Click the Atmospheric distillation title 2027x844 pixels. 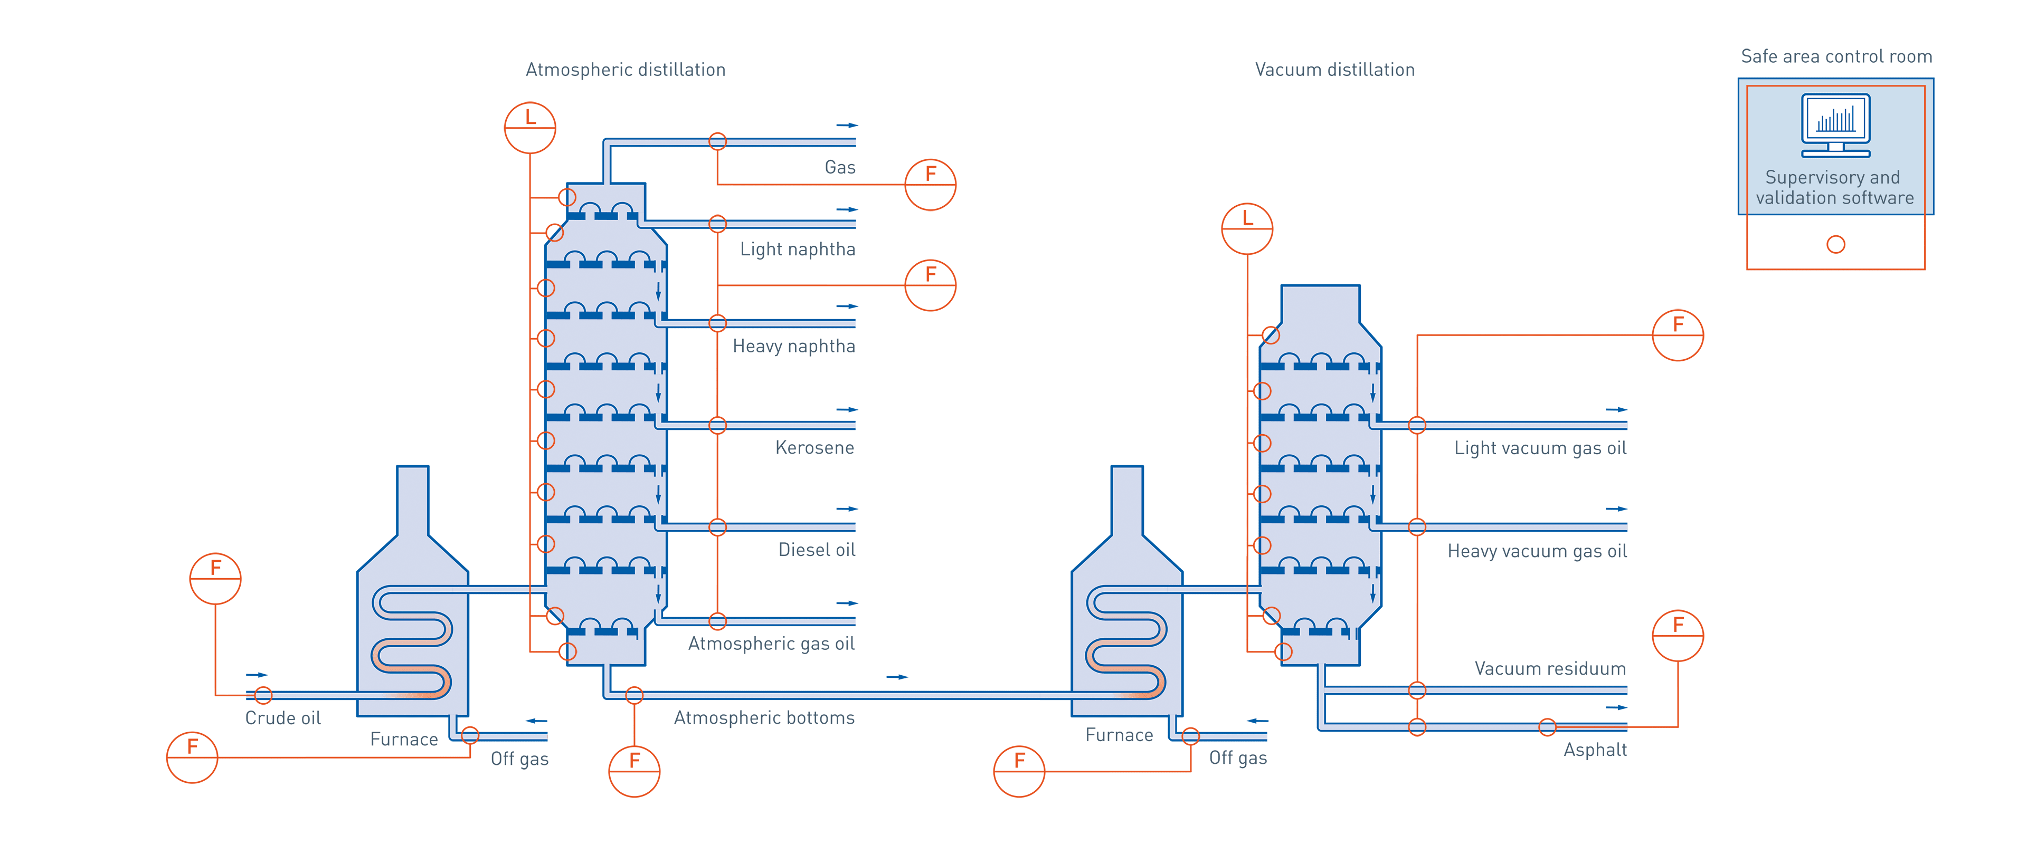click(x=625, y=70)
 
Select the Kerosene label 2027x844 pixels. click(x=814, y=447)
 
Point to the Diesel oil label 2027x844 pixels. click(x=816, y=550)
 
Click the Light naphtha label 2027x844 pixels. click(x=797, y=250)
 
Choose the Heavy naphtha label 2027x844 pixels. click(x=793, y=346)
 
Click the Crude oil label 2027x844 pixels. click(x=282, y=718)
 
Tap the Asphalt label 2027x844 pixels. click(x=1595, y=750)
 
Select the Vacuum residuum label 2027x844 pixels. click(x=1550, y=668)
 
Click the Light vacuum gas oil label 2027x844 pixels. click(x=1540, y=448)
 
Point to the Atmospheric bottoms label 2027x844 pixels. click(x=764, y=718)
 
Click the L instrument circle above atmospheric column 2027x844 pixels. click(x=529, y=127)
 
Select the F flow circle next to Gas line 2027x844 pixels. click(x=930, y=185)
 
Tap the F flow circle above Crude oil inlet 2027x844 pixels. click(x=215, y=579)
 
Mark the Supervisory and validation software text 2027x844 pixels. click(x=1834, y=187)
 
